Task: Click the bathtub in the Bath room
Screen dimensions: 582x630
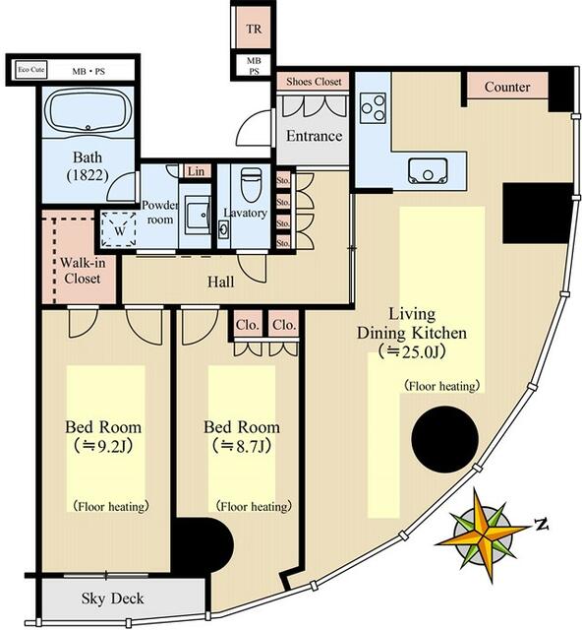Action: tap(87, 109)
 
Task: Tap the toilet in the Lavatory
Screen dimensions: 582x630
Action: tap(252, 185)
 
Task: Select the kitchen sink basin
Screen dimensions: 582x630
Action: tap(428, 171)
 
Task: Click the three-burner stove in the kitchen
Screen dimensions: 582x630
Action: tap(373, 107)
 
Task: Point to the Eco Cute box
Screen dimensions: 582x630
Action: tap(30, 70)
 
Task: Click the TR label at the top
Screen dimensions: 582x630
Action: tap(254, 29)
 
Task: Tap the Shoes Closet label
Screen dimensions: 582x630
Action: tap(314, 82)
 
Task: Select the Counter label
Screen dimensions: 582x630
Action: tap(507, 87)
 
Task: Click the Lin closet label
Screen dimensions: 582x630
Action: tap(196, 171)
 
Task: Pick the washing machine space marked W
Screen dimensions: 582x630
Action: tap(119, 229)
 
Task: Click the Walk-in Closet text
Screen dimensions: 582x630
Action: tap(83, 271)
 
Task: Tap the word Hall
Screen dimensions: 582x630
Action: tap(221, 282)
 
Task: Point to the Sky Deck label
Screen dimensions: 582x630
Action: tap(112, 598)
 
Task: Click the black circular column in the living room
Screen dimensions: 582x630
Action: tap(444, 439)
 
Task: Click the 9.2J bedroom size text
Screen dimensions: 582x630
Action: tap(103, 446)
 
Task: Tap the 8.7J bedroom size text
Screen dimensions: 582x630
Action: tap(242, 446)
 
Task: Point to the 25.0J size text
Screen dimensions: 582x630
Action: tap(412, 352)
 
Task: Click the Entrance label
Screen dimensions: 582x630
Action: tap(314, 136)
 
